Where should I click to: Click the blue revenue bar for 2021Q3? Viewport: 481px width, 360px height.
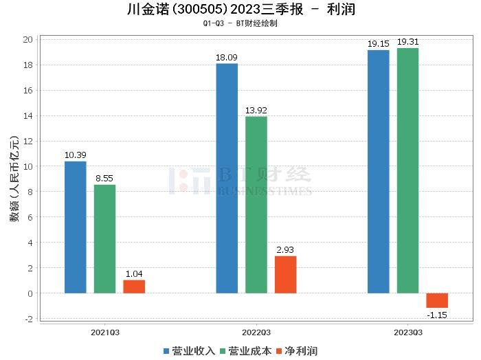76,227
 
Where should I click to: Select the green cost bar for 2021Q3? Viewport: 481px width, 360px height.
105,238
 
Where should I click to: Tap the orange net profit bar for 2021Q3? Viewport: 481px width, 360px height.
134,286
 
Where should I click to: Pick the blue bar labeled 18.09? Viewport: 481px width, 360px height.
227,178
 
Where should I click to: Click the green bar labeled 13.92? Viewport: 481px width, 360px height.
256,205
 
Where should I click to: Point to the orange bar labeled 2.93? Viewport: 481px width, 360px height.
285,274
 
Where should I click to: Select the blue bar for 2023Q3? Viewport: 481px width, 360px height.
378,171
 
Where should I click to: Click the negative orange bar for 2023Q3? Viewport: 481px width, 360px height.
436,300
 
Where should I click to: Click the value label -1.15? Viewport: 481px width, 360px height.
437,314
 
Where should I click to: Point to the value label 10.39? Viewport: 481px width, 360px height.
76,155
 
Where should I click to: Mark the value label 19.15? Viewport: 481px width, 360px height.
378,44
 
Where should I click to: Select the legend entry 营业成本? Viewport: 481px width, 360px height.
245,351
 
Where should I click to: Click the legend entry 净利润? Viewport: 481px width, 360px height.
297,351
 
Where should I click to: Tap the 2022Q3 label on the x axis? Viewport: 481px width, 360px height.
256,331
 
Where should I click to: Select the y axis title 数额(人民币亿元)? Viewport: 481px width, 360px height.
14,179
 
